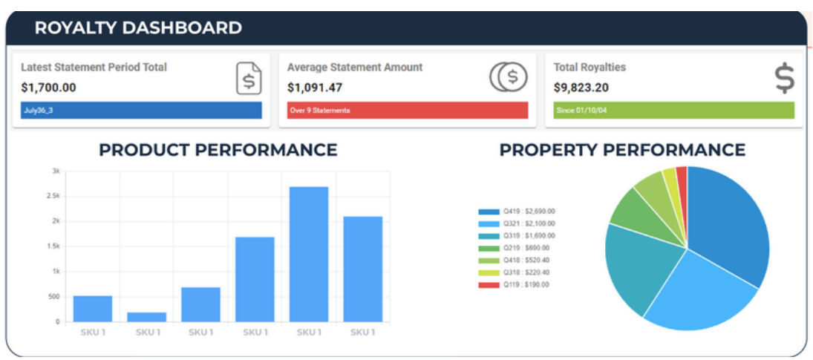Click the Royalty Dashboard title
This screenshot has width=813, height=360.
coord(138,28)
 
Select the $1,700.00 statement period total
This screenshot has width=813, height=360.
coord(48,88)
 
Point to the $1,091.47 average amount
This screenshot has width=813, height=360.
coord(315,88)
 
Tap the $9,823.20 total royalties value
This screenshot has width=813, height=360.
coord(581,88)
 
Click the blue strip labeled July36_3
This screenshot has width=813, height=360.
coord(141,111)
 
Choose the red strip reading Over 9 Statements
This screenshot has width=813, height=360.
coord(407,111)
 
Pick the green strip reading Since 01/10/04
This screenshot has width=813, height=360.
coord(673,111)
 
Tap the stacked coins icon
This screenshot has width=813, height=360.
coord(508,76)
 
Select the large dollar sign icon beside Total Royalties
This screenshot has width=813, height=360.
coord(784,78)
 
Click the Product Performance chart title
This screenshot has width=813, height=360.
coord(218,150)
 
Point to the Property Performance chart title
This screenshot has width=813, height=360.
coord(621,150)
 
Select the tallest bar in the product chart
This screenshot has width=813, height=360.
coord(309,254)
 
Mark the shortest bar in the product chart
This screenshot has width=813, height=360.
coord(147,317)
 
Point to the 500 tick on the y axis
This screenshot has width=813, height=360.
coord(53,296)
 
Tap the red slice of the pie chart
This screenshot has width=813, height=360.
coord(682,175)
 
